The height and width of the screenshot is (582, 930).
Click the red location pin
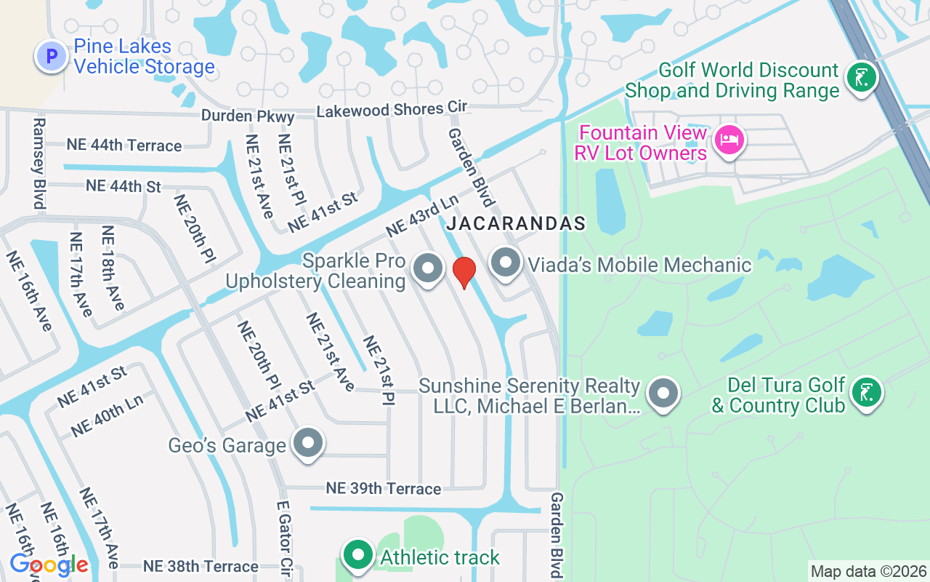464,272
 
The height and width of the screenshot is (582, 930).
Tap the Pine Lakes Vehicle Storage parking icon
51,56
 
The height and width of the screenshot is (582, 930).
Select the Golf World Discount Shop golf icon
862,77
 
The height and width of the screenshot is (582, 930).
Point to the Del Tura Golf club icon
865,393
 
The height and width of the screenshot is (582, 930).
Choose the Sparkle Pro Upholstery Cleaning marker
428,268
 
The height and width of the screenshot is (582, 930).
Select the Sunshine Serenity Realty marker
662,394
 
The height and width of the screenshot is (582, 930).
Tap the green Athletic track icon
357,556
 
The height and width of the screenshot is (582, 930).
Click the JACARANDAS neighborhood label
516,223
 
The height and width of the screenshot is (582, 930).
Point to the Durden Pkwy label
248,116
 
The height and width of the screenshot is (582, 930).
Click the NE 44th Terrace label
124,145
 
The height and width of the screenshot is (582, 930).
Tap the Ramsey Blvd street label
39,164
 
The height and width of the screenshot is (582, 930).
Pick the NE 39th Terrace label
384,488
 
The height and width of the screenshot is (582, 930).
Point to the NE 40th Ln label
107,415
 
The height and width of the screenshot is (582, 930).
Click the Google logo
49,565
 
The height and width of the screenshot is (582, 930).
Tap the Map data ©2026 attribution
868,572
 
